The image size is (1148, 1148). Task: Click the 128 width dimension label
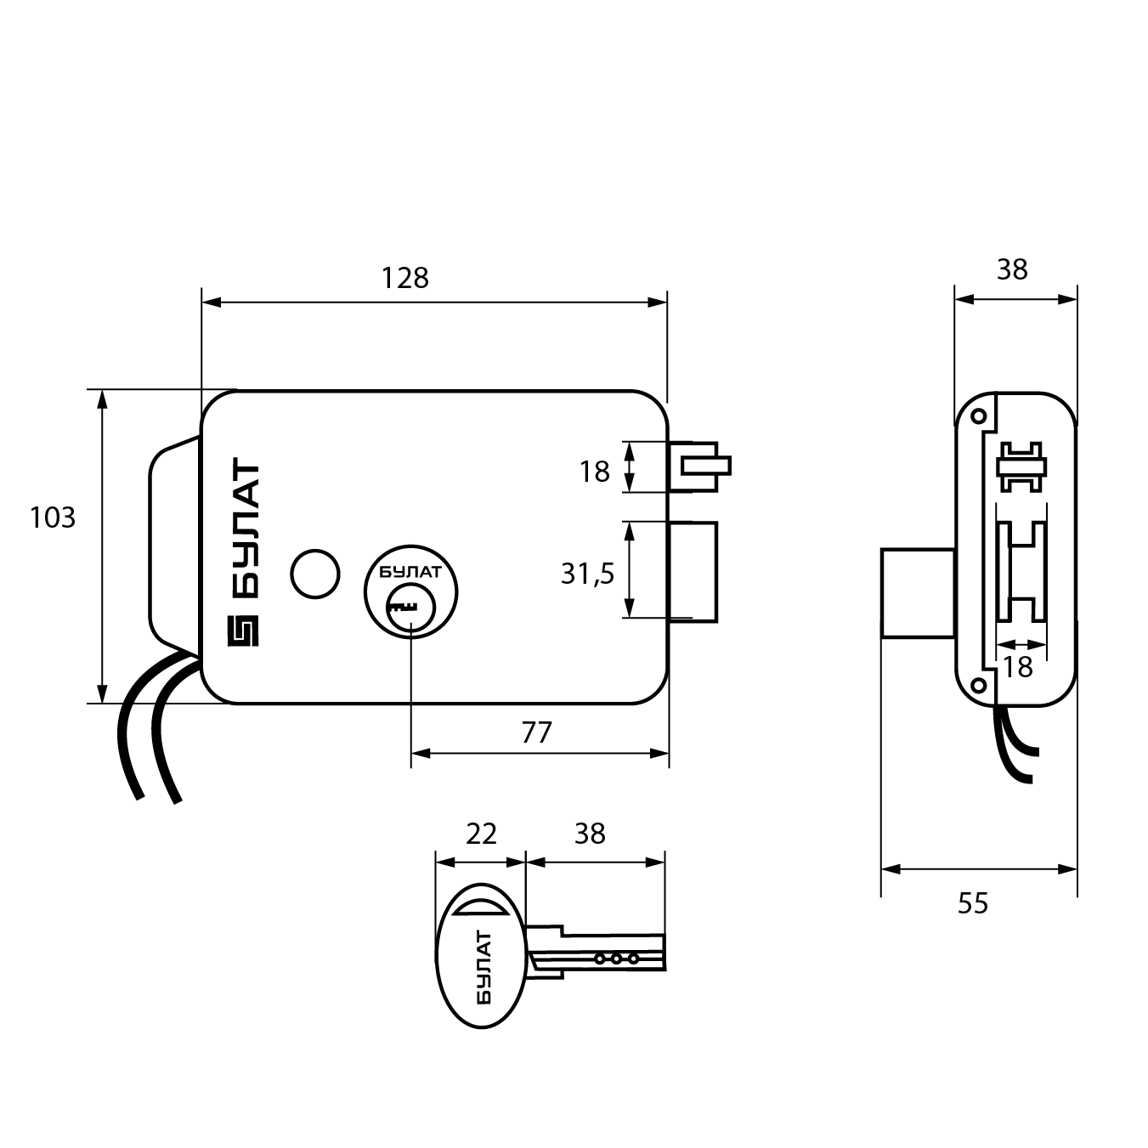pos(405,278)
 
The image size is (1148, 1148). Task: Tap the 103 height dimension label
pos(53,517)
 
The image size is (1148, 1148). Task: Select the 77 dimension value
pos(536,732)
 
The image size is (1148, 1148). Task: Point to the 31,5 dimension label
pos(587,574)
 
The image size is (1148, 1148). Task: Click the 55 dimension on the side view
pos(973,902)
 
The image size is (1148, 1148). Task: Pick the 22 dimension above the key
pos(481,834)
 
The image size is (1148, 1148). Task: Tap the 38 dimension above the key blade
pos(590,834)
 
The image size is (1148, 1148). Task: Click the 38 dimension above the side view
pos(1012,269)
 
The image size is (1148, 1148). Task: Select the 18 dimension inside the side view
pos(1017,667)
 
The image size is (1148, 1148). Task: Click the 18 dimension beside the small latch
pos(595,471)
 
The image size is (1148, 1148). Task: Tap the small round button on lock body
pos(314,574)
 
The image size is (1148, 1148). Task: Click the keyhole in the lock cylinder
pos(402,607)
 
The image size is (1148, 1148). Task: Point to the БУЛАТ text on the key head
pos(482,967)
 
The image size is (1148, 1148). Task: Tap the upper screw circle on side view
pos(978,416)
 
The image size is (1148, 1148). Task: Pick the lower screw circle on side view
pos(978,684)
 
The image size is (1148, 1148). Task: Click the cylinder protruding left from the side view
pos(918,592)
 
